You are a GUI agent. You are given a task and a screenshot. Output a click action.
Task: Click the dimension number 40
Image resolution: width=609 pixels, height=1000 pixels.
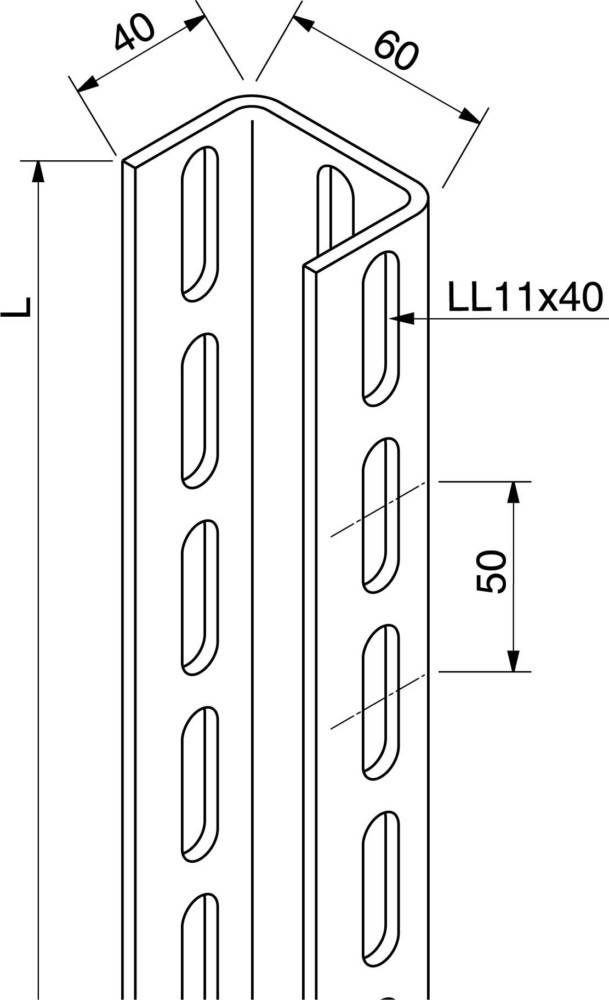[x=135, y=32]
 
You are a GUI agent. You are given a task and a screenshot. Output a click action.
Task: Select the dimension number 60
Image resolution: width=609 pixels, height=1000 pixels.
[x=396, y=51]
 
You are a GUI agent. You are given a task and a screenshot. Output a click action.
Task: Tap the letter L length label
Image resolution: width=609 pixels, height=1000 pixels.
[x=16, y=307]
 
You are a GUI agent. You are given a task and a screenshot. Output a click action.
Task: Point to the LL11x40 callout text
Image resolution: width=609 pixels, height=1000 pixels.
[x=525, y=298]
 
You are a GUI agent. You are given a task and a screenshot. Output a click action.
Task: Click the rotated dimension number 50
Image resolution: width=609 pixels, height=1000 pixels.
[x=492, y=572]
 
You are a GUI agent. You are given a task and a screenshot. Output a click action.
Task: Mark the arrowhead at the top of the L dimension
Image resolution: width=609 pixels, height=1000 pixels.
[x=39, y=172]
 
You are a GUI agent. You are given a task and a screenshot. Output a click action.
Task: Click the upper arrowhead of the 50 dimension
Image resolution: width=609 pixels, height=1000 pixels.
[x=514, y=492]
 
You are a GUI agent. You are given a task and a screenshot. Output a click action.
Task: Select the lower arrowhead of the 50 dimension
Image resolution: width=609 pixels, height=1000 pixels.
[x=514, y=660]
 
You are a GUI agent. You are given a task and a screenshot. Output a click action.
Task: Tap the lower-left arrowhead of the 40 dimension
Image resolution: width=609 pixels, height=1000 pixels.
[x=87, y=84]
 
